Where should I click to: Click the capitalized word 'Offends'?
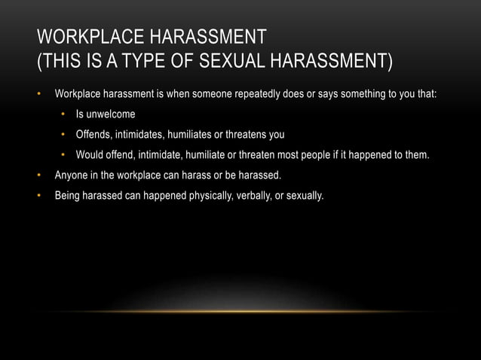pos(93,136)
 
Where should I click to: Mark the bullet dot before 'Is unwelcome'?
pos(65,115)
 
